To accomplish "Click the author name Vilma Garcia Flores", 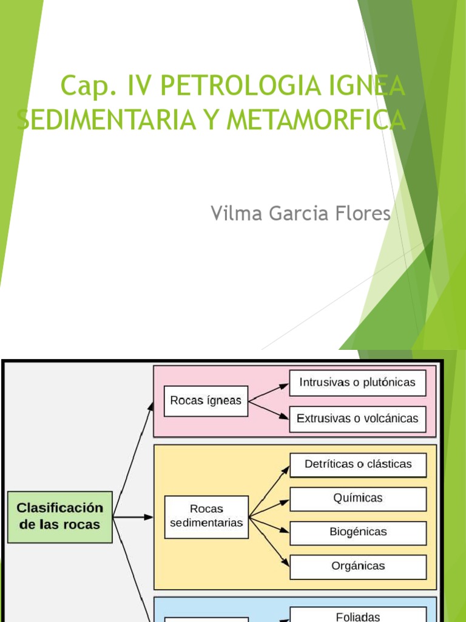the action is (x=300, y=213).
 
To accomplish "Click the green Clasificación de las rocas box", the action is (x=60, y=516).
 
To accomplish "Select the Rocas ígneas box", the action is (x=206, y=401).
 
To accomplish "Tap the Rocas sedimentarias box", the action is (x=206, y=516).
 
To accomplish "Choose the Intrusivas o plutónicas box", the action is (x=357, y=383).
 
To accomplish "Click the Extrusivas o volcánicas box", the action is (x=357, y=419).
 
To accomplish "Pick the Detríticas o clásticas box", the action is (x=357, y=465).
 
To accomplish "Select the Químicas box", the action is (x=357, y=498).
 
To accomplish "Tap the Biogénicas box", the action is (x=357, y=532).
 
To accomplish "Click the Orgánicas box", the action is (x=357, y=566).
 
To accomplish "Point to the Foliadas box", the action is (x=357, y=615).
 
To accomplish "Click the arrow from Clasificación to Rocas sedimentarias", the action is (x=133, y=517).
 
